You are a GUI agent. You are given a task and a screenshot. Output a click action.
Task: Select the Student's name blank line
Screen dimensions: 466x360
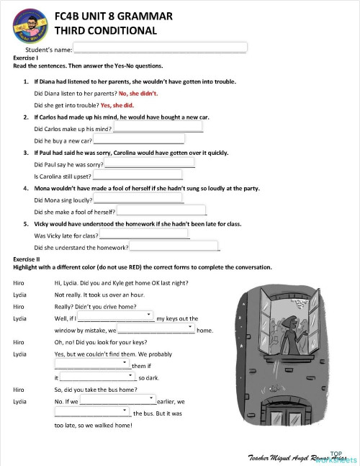coord(160,49)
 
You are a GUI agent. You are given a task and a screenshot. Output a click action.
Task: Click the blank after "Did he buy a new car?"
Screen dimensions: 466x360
coord(139,140)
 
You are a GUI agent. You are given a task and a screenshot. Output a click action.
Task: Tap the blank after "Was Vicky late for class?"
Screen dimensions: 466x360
coord(144,235)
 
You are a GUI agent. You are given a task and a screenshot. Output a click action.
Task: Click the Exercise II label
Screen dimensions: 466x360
coord(27,258)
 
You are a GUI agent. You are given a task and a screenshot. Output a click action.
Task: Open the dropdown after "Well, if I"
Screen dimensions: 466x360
coord(115,318)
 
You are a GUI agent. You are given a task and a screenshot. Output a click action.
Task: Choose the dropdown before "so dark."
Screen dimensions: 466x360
coord(97,377)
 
